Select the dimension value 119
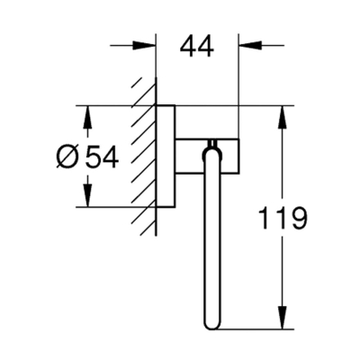coord(283,217)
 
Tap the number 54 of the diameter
coord(102,157)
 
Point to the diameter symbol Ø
coord(68,157)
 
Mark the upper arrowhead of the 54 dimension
coord(87,115)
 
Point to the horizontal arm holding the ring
coord(206,153)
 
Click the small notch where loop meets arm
coord(212,142)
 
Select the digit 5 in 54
coord(93,157)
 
